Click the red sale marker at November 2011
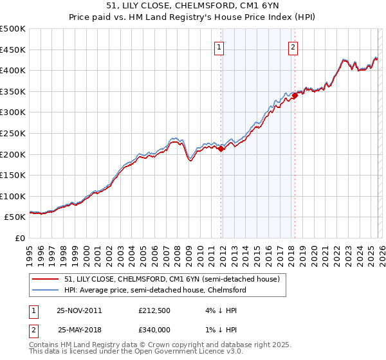point(221,148)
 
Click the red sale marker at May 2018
point(295,95)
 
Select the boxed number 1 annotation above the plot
point(219,46)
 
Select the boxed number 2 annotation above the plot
point(293,46)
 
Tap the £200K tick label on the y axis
point(13,154)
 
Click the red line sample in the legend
point(46,280)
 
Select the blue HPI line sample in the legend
point(46,291)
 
